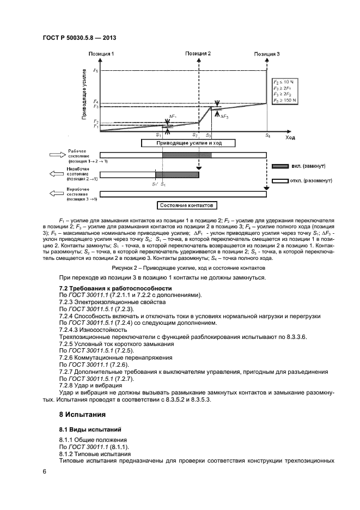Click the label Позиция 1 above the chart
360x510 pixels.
(x=101, y=54)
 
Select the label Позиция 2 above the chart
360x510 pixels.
(x=198, y=54)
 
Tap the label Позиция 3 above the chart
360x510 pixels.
(x=267, y=54)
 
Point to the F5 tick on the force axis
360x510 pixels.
(x=96, y=71)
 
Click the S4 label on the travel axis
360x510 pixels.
(x=267, y=135)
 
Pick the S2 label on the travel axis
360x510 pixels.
(x=195, y=135)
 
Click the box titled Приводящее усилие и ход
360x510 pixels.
(x=188, y=143)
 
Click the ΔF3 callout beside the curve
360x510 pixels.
(x=224, y=117)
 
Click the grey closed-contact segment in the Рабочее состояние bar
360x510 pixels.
(x=186, y=155)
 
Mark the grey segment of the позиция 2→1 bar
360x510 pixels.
(x=177, y=174)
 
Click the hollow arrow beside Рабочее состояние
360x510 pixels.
(x=56, y=155)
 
